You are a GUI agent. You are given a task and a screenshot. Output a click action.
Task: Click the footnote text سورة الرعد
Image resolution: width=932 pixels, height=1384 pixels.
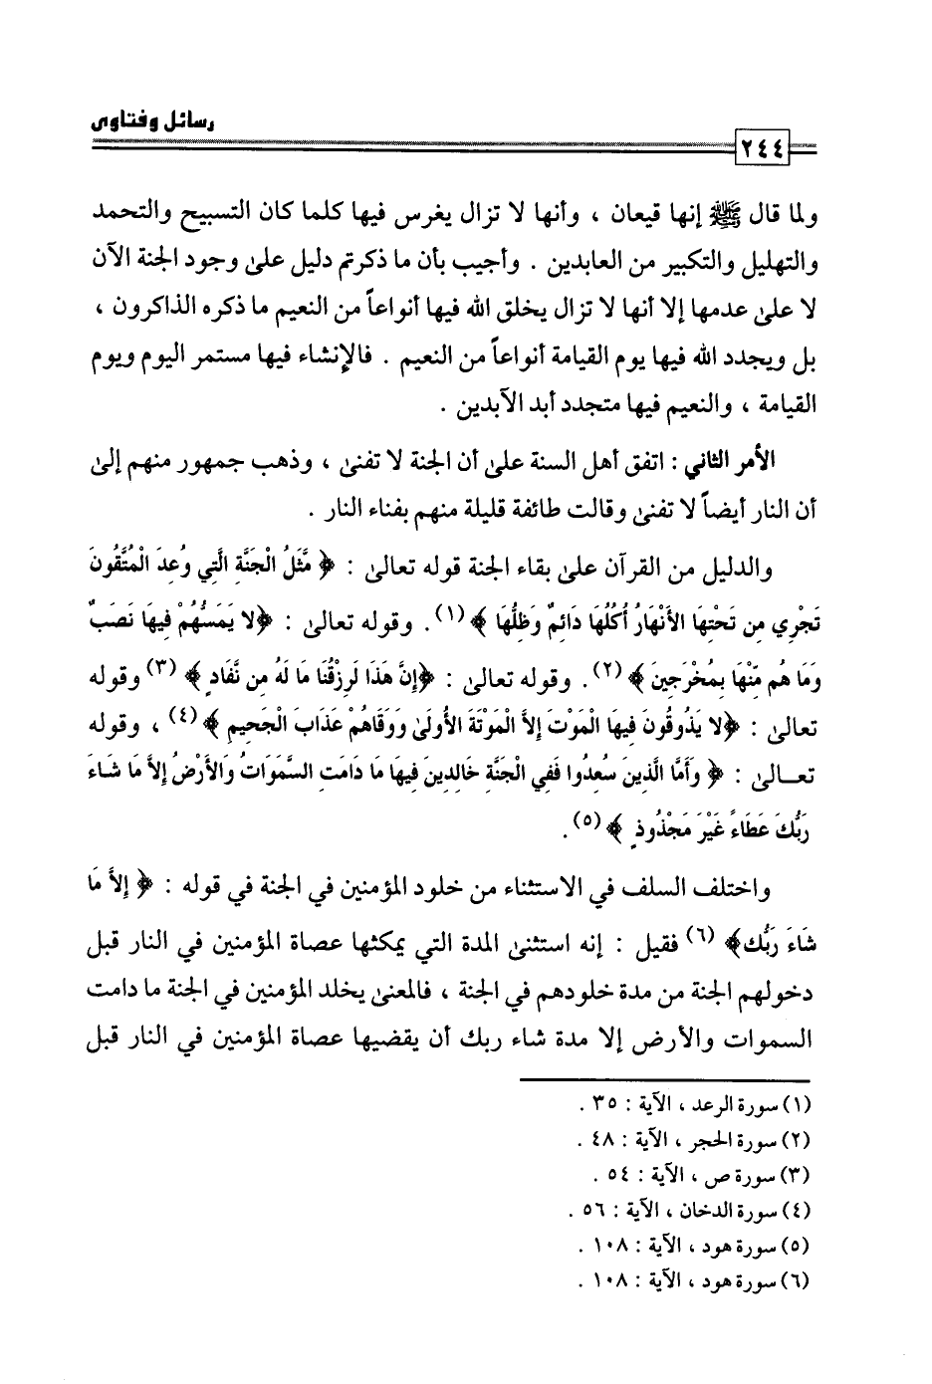738,1102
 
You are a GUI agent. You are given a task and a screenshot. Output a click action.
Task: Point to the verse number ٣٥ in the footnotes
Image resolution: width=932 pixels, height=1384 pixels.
600,1102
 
